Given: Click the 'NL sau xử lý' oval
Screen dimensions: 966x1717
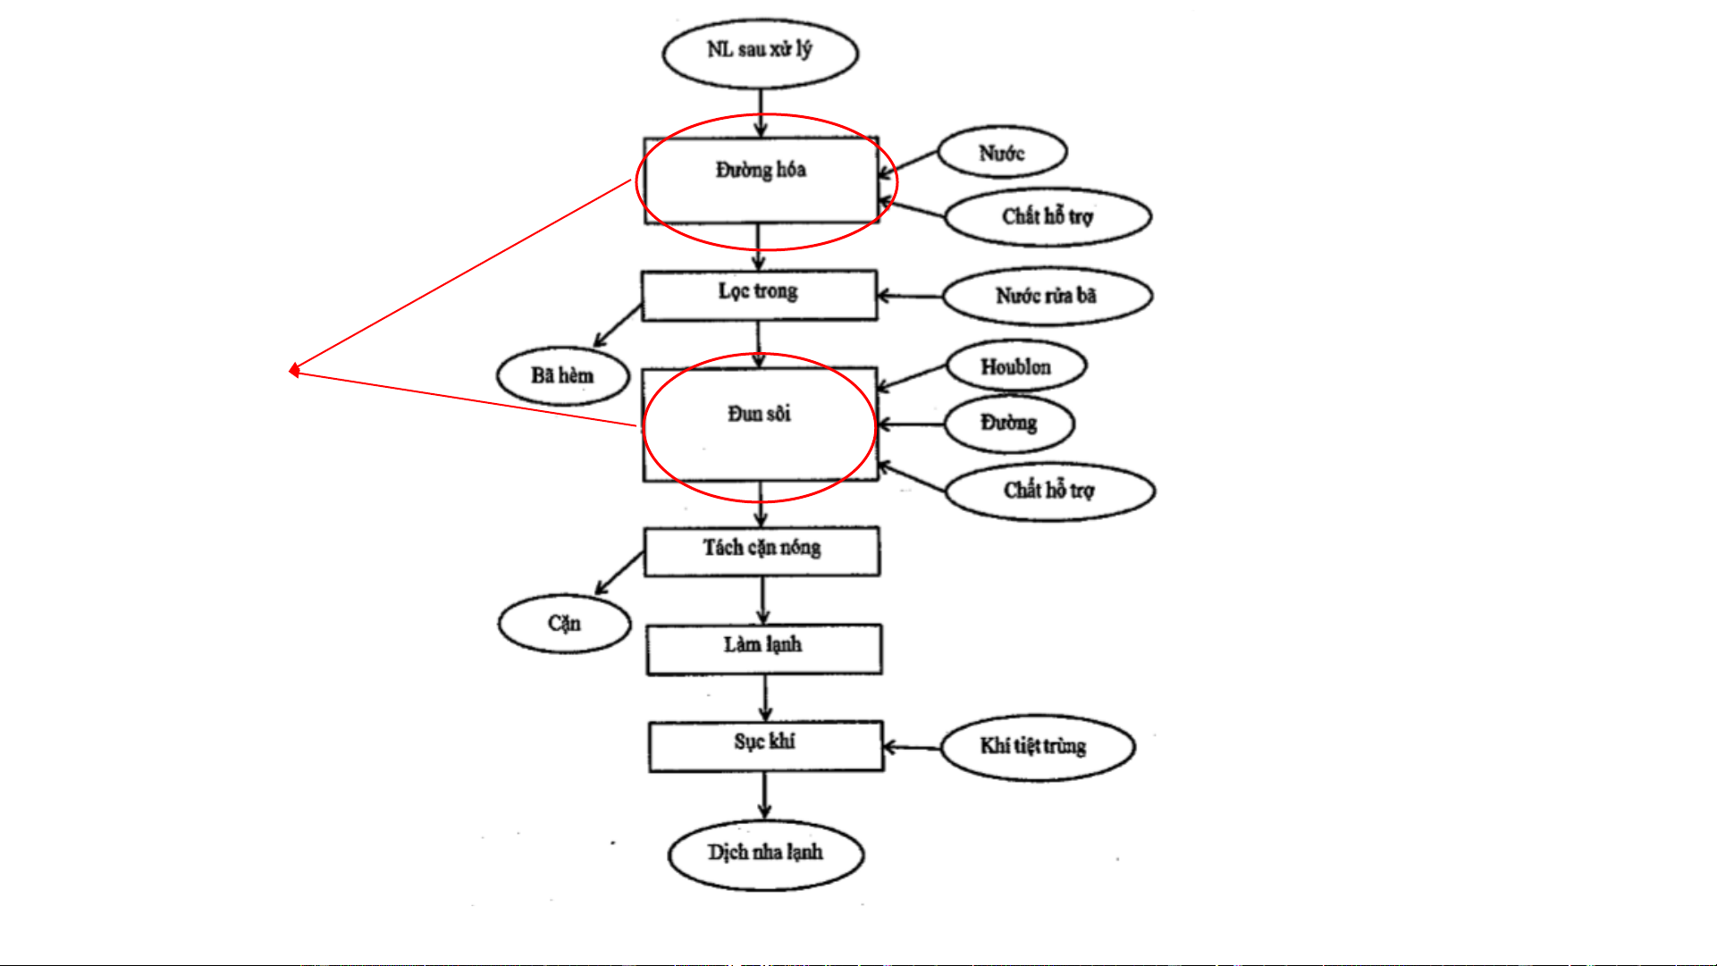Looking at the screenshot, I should point(760,52).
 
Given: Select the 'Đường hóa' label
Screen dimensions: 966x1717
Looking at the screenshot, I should point(761,170).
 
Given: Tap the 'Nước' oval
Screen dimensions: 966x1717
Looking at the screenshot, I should point(1001,154).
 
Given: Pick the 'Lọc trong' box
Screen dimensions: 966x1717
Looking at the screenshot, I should point(759,294).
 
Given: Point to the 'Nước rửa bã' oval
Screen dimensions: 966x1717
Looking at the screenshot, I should point(1047,296).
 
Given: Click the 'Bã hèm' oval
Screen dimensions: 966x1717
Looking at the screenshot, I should point(562,375).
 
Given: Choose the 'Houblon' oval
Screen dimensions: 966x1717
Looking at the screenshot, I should point(1016,366).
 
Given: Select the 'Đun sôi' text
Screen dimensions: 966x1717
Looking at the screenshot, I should point(759,414).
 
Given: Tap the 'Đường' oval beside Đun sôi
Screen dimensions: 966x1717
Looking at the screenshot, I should point(1009,423).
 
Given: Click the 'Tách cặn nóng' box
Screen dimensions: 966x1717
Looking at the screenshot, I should point(762,550).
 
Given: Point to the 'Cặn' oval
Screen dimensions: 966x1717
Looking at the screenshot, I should point(564,623).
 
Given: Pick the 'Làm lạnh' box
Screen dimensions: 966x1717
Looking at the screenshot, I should point(763,648).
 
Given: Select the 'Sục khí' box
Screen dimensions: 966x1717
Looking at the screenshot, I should point(765,745).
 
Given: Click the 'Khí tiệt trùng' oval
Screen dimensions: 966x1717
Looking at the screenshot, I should point(1037,746).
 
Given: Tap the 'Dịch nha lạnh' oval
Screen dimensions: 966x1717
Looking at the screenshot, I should point(765,853).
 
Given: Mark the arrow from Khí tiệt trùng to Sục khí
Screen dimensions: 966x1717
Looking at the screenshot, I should point(912,747).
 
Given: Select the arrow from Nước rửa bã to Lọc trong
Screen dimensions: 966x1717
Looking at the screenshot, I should point(910,296).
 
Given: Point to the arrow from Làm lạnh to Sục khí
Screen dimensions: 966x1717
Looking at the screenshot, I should point(765,698).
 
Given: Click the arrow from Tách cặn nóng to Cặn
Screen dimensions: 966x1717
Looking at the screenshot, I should point(619,573).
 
